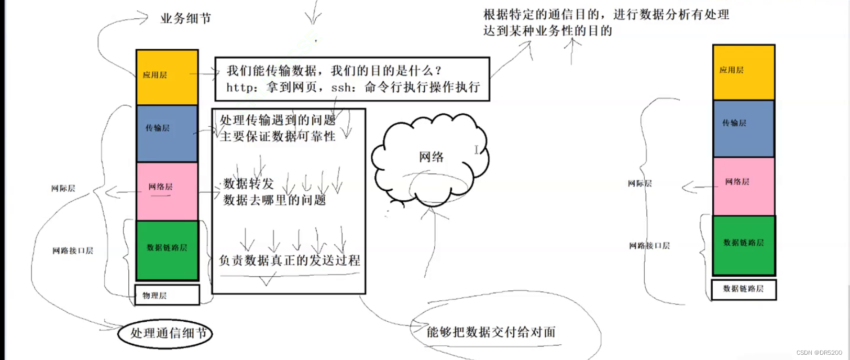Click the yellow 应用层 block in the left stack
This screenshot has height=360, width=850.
[167, 77]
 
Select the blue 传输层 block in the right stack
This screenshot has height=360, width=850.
[743, 128]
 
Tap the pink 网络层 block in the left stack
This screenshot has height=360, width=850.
[167, 191]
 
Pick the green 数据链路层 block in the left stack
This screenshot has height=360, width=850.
[167, 250]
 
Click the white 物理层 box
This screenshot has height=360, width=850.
[167, 295]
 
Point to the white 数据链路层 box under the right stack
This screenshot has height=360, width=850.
[743, 289]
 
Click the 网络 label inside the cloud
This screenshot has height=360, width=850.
[431, 157]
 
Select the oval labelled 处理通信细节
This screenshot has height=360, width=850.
[165, 333]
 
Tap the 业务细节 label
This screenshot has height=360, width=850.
[185, 19]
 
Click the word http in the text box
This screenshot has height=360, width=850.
[240, 88]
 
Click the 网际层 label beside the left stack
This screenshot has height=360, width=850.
[63, 188]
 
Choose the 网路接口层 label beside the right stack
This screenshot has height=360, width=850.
[649, 245]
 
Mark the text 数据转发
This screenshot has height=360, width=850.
[248, 183]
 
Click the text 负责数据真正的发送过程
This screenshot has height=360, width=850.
[289, 260]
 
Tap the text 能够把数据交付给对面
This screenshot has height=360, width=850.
[491, 332]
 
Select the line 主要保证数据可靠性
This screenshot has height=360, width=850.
[277, 136]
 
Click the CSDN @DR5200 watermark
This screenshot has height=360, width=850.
[819, 353]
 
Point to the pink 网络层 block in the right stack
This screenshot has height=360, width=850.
[743, 186]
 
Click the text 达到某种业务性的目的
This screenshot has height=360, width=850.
[547, 31]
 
